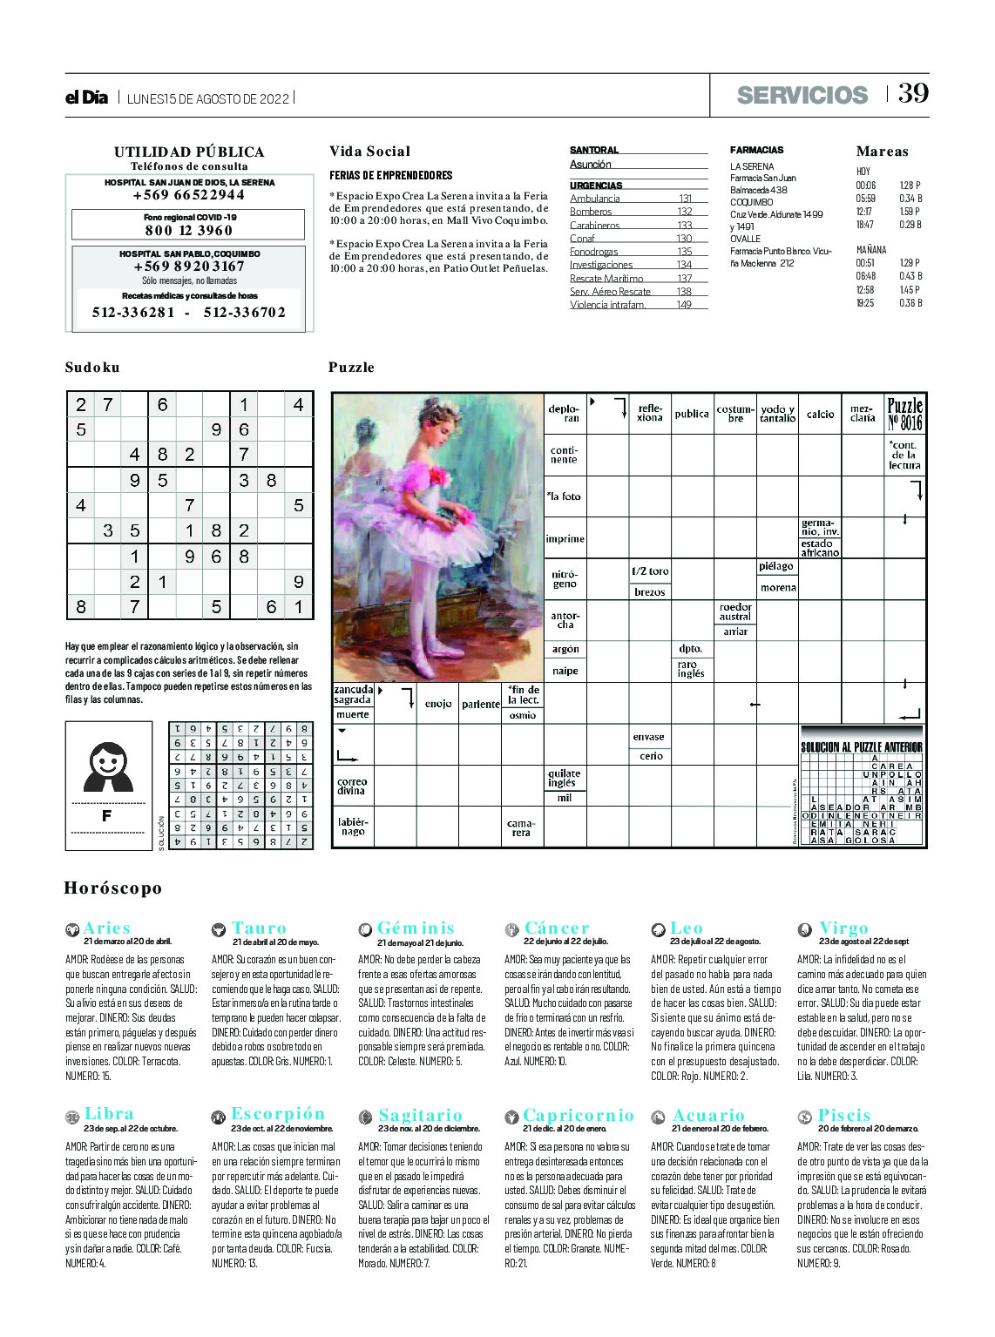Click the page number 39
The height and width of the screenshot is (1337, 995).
point(913,93)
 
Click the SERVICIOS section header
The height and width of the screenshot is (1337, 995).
point(802,95)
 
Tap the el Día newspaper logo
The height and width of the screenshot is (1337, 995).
point(86,98)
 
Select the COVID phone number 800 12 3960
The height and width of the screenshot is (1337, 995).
point(189,230)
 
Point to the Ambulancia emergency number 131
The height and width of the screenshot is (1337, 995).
point(685,199)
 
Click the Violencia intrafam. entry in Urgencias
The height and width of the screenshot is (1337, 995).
point(608,305)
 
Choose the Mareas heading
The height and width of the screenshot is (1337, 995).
point(882,152)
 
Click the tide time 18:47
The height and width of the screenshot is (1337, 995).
point(864,225)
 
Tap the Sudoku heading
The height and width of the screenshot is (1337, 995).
point(92,368)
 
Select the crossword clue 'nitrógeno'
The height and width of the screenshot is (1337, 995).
point(565,579)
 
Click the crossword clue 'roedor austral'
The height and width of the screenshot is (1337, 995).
point(735,611)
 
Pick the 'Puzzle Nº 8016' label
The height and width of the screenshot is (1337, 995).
point(904,414)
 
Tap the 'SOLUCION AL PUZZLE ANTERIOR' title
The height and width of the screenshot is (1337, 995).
point(861,747)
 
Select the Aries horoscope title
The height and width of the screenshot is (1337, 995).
point(106,928)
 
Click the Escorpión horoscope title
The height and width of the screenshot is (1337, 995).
point(278,1114)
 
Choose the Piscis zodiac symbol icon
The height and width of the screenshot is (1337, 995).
point(804,1117)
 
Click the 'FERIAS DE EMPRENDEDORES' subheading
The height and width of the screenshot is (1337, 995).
point(390,175)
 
